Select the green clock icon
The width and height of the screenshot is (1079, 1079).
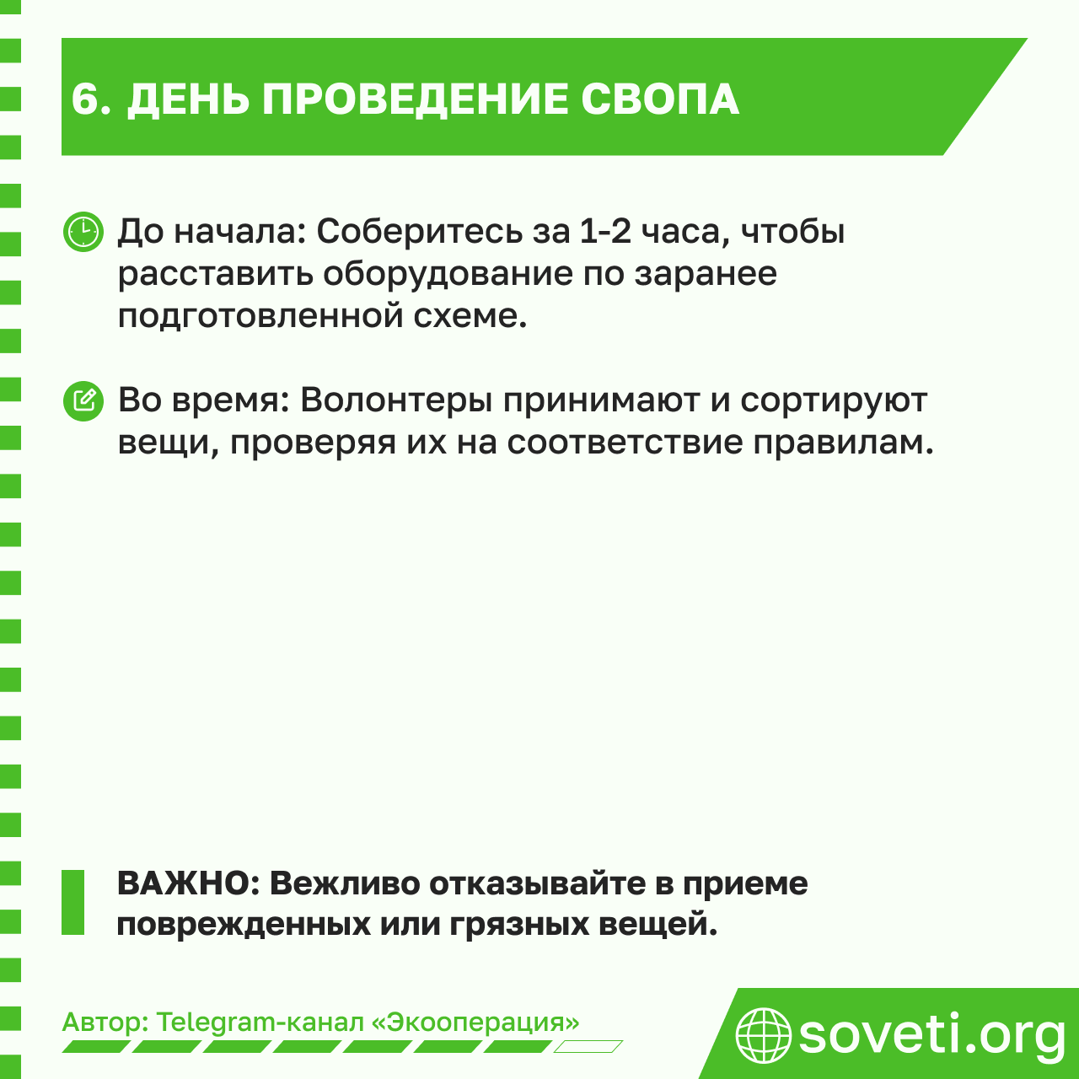[x=83, y=231]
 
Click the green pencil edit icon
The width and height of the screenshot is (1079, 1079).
[x=83, y=400]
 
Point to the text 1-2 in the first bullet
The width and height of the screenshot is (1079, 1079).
[x=605, y=231]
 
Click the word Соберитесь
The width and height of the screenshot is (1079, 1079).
[x=418, y=231]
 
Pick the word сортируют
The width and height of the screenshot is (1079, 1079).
[x=833, y=400]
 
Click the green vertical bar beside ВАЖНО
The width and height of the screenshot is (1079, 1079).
[x=73, y=902]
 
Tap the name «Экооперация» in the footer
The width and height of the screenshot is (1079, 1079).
[x=475, y=1023]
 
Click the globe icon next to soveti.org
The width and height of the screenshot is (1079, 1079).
[x=763, y=1034]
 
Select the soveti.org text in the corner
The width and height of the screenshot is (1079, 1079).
[x=931, y=1034]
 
